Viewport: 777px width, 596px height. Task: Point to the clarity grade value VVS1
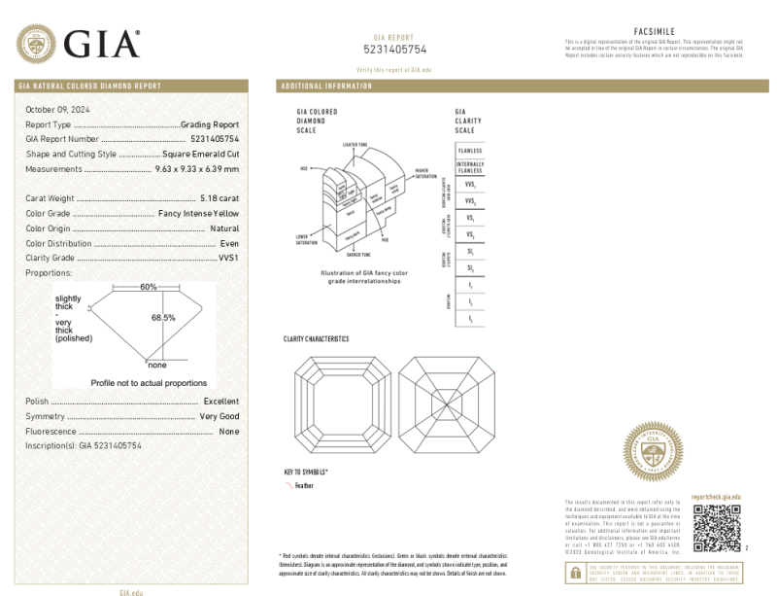228,258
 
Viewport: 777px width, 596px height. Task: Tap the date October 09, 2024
55,110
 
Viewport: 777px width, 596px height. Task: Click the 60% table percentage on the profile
148,288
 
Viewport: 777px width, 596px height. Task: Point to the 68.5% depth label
162,318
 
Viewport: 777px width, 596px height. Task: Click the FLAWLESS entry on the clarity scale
470,151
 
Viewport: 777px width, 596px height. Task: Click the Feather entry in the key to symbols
304,484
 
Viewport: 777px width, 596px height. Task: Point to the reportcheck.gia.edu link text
716,497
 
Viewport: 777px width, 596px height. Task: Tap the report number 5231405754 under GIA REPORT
394,49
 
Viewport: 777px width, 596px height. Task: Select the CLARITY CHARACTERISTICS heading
316,339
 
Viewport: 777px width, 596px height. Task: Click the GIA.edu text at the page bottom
131,591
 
